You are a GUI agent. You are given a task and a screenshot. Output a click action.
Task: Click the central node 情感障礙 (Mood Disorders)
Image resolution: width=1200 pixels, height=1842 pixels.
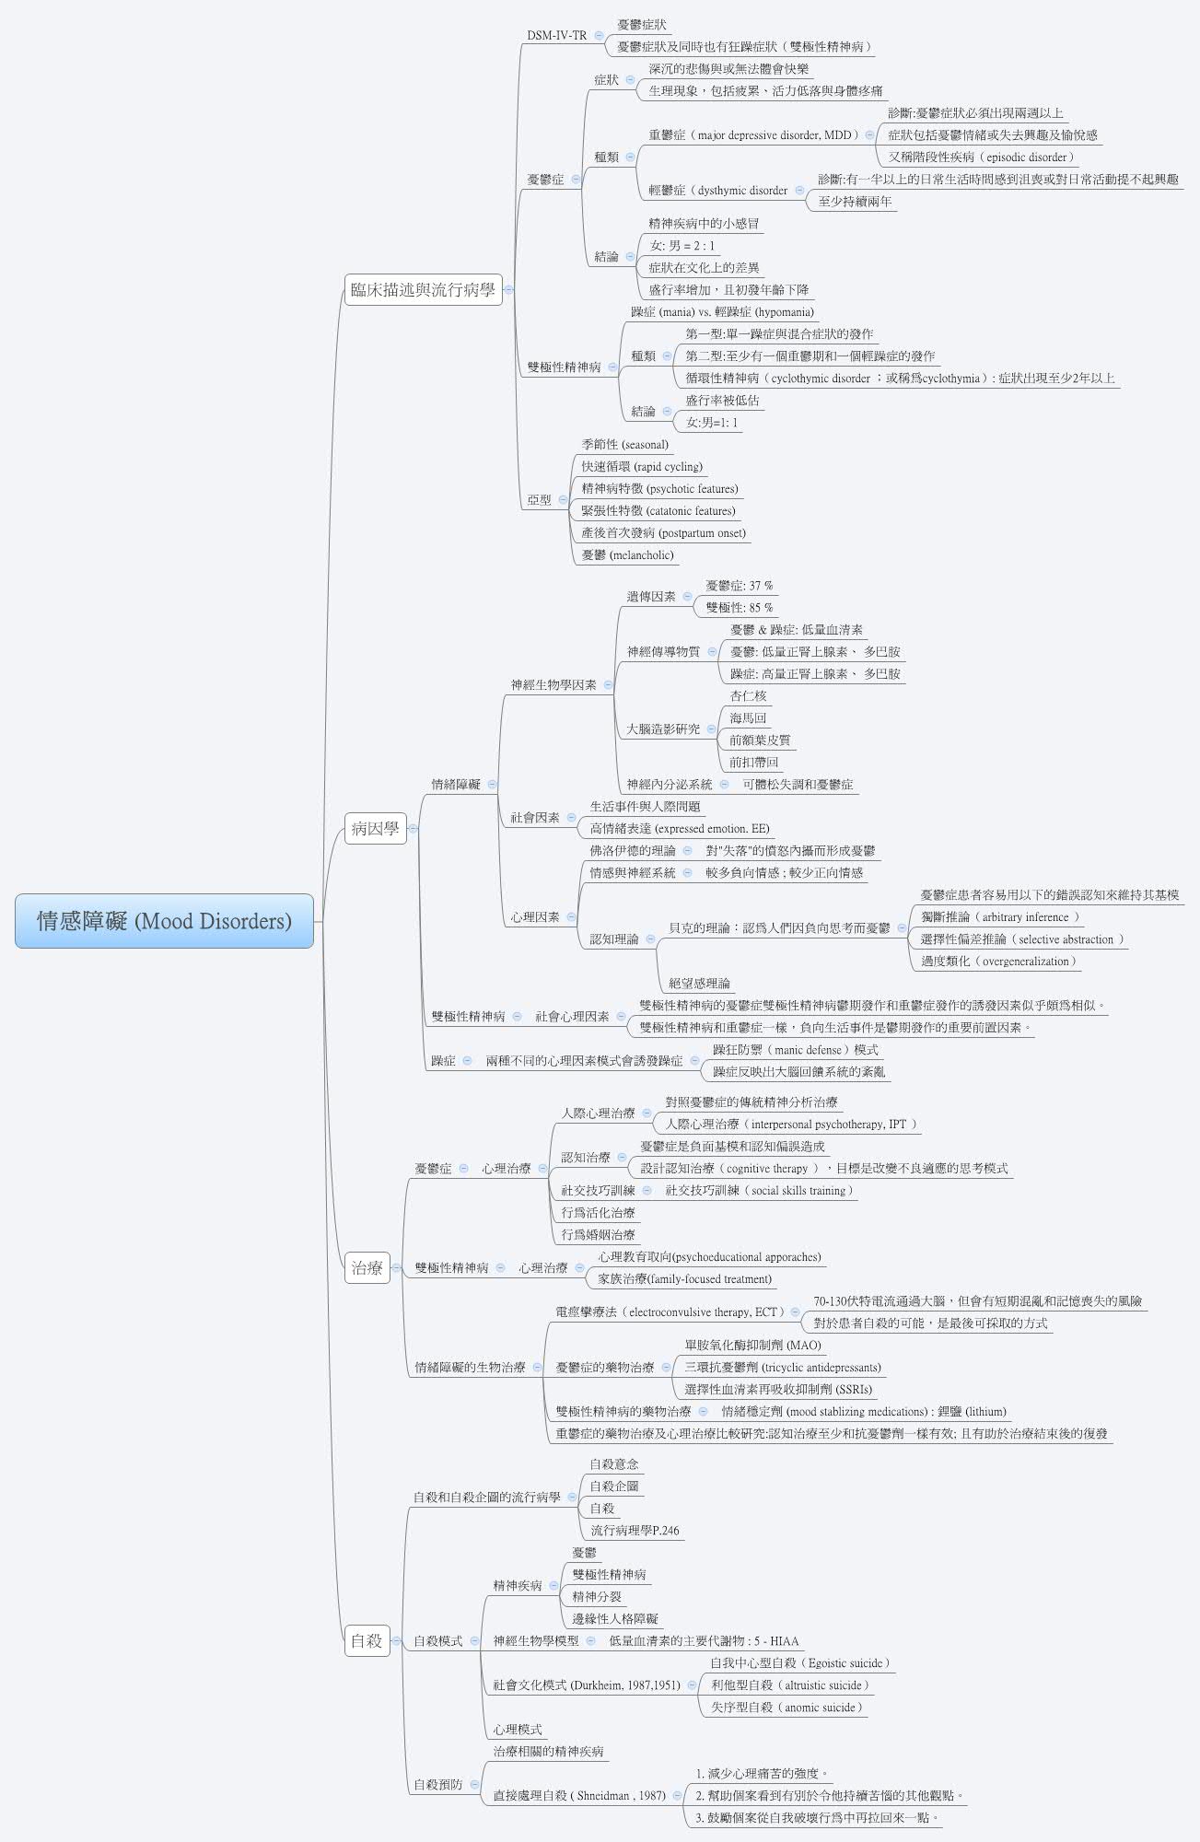point(164,920)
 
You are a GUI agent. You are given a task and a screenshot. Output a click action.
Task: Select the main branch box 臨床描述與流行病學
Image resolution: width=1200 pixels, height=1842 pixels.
point(423,290)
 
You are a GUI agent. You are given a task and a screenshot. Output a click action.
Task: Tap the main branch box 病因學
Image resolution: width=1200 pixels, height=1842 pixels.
point(375,828)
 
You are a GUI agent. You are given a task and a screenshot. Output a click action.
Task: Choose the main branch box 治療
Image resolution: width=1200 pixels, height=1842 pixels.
point(367,1267)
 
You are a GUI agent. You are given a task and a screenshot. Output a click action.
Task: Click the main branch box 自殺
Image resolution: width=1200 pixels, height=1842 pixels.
point(366,1640)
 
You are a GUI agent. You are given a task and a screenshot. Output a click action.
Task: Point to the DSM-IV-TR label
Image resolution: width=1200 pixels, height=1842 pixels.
point(556,36)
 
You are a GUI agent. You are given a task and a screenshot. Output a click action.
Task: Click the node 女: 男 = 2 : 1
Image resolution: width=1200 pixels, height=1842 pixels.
point(682,246)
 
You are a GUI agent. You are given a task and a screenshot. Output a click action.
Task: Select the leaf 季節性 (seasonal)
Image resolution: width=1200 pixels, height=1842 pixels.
point(624,445)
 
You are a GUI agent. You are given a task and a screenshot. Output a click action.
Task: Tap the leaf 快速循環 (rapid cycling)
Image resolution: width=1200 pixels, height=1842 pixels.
point(641,467)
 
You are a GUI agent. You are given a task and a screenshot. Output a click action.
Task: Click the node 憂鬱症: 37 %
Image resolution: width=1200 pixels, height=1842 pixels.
point(739,586)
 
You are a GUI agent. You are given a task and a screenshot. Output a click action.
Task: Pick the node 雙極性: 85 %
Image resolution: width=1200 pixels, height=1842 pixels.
point(739,608)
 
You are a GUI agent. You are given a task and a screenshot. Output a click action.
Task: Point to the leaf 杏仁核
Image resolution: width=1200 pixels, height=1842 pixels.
point(748,696)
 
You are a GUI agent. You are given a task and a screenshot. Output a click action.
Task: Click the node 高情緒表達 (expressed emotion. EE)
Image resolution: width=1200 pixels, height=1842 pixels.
point(679,829)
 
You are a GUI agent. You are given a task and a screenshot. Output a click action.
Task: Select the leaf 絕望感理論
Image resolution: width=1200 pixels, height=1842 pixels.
point(699,984)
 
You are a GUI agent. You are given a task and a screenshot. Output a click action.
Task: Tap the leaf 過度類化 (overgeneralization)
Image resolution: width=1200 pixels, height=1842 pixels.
point(997,962)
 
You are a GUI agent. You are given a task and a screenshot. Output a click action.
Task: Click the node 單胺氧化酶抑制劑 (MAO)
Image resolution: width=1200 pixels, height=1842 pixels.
point(752,1346)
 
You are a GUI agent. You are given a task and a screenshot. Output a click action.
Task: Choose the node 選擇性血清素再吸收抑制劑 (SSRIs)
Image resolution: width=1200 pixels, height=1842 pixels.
point(777,1390)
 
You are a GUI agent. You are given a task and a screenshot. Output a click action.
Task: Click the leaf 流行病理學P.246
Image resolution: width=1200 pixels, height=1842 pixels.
point(635,1531)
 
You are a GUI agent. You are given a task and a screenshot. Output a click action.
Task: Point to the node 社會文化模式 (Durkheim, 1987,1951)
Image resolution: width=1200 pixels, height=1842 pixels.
point(586,1685)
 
